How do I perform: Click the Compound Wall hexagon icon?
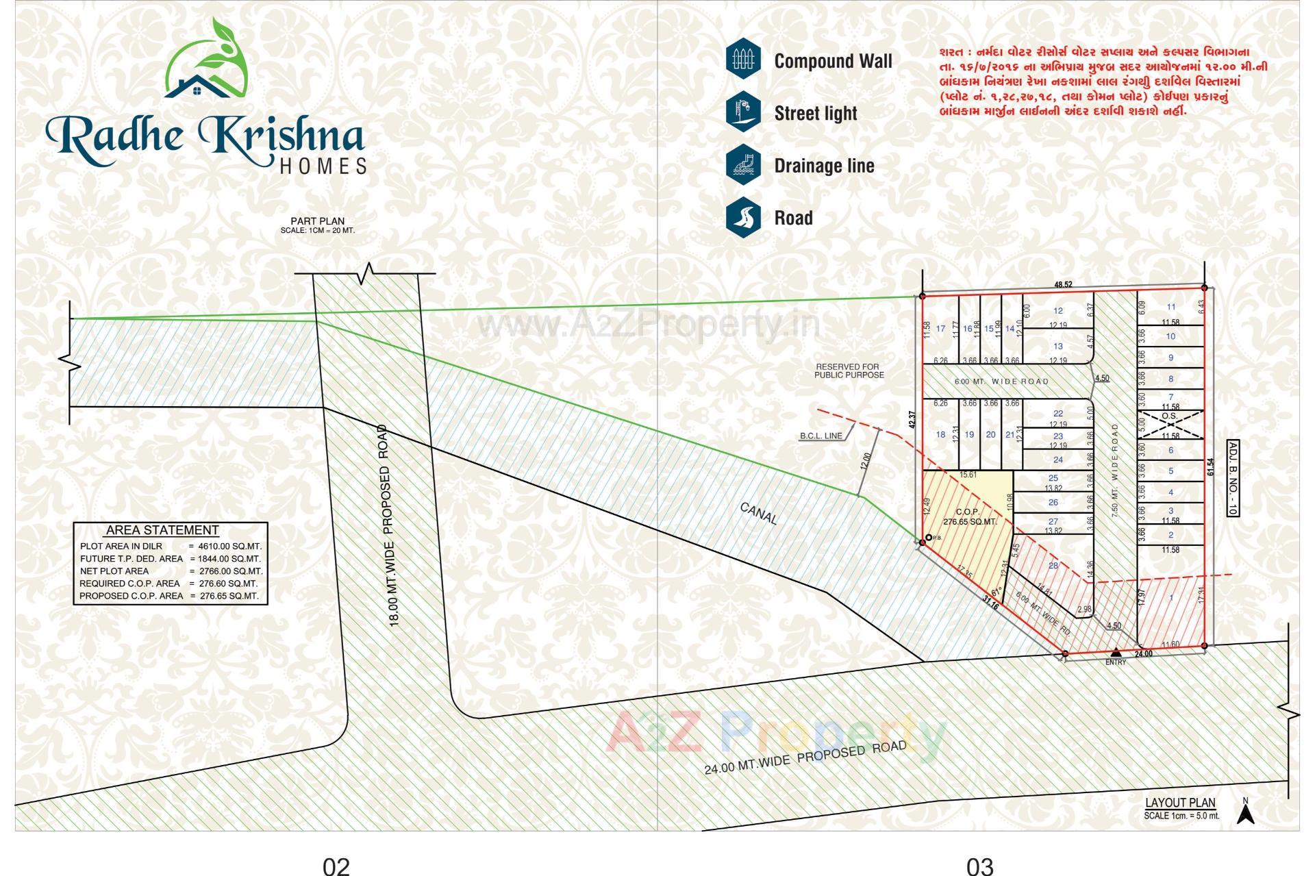point(743,60)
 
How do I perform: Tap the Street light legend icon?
point(743,112)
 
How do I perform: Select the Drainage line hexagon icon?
point(743,165)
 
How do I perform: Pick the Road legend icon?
point(743,217)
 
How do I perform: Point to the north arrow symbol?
point(1246,812)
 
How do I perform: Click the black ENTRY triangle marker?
point(1116,651)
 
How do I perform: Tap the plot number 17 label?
point(940,329)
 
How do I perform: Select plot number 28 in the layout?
point(1053,565)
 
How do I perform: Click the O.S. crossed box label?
point(1169,416)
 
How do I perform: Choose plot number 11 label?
point(1171,308)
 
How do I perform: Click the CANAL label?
point(759,513)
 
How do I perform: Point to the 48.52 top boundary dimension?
point(1063,284)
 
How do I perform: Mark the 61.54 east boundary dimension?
point(1211,466)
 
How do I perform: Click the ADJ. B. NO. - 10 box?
point(1232,477)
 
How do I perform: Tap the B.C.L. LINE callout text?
point(821,436)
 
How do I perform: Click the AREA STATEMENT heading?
point(162,530)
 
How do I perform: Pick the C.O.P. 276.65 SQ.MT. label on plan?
point(968,516)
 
